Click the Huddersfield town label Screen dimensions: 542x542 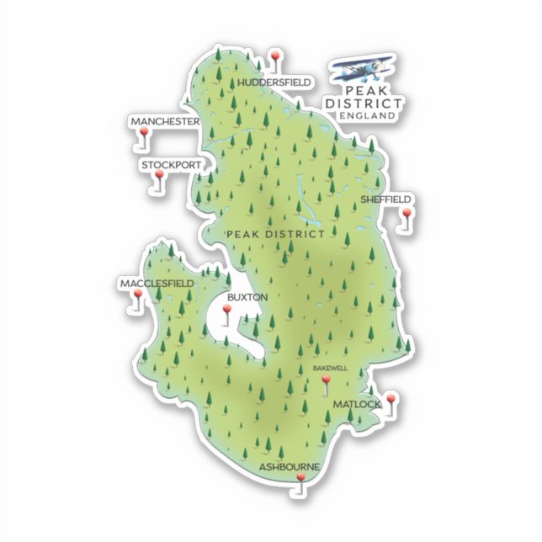pyautogui.click(x=274, y=82)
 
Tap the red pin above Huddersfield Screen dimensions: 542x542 pyautogui.click(x=274, y=57)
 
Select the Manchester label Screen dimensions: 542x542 pyautogui.click(x=165, y=122)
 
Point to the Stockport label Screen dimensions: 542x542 pyautogui.click(x=172, y=165)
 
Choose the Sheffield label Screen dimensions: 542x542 pyautogui.click(x=385, y=199)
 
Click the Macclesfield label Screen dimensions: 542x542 pyautogui.click(x=157, y=284)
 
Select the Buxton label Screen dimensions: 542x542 pyautogui.click(x=247, y=297)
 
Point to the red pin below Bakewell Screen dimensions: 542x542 pyautogui.click(x=326, y=382)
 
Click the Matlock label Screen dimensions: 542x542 pyautogui.click(x=356, y=405)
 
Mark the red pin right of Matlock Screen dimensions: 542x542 pyautogui.click(x=390, y=400)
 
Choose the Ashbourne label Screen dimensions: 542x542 pyautogui.click(x=289, y=466)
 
